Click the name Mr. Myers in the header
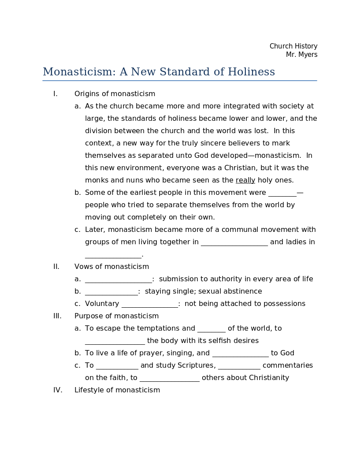tap(301, 55)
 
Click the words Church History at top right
tap(293, 46)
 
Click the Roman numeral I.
tap(56, 94)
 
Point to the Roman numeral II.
tap(56, 267)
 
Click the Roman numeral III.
tap(57, 316)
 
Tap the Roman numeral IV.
tap(58, 390)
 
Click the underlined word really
tap(245, 180)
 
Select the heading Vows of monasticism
tap(111, 267)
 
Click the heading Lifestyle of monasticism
tap(117, 390)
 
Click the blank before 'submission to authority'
tap(118, 280)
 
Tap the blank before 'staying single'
tap(111, 292)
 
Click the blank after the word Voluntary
tap(149, 304)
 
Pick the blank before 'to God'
tap(240, 354)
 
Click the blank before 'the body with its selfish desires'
tap(115, 341)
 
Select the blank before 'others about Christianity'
tap(169, 378)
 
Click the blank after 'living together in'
tap(234, 242)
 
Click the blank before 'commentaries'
tap(239, 366)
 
